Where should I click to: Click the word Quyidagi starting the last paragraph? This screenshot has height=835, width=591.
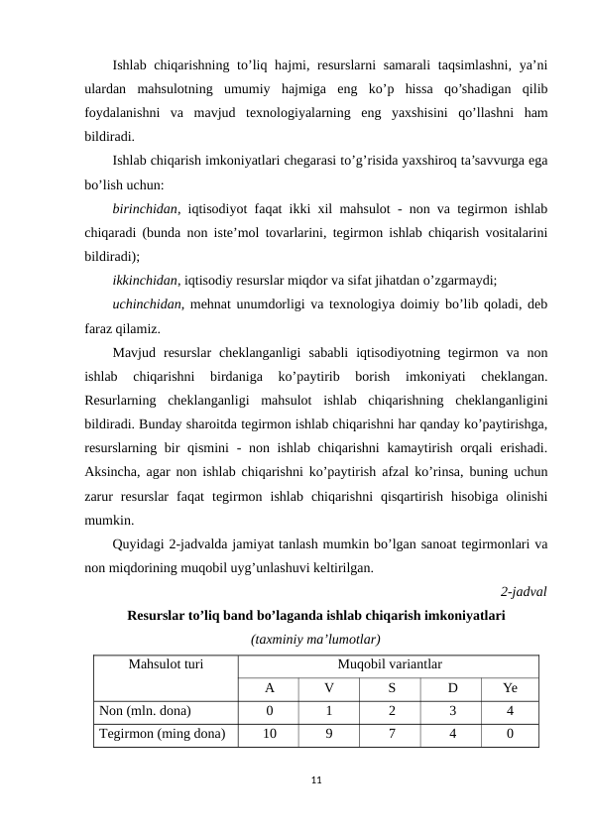click(141, 543)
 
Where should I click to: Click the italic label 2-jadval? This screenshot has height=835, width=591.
click(524, 592)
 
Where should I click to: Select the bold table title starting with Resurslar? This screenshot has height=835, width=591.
click(316, 615)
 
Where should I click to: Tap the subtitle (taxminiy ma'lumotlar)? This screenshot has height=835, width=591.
click(316, 639)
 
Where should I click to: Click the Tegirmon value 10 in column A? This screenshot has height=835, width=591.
click(269, 734)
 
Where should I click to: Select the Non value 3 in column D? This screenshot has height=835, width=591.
click(451, 710)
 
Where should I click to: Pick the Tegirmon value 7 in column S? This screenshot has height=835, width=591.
click(391, 734)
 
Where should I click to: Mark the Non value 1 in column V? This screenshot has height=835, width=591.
click(329, 710)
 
